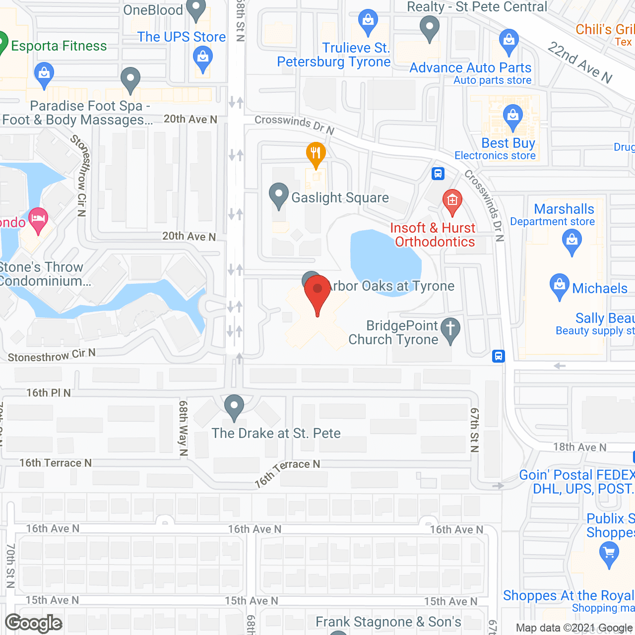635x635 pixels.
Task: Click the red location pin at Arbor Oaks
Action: [x=317, y=289]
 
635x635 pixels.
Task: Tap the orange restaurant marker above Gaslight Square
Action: [x=316, y=154]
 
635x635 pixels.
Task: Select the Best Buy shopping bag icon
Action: [x=513, y=116]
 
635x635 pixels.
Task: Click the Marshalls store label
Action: [x=564, y=209]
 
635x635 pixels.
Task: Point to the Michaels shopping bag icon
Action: [x=560, y=285]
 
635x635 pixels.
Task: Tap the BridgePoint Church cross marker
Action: [x=450, y=329]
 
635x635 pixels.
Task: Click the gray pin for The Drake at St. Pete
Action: [x=234, y=406]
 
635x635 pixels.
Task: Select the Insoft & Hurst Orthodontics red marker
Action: [x=452, y=201]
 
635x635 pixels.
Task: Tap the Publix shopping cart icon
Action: [x=609, y=552]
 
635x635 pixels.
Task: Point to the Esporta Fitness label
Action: [x=59, y=46]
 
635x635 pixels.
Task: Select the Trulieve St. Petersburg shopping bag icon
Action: [x=368, y=21]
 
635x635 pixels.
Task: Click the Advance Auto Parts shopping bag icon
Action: [x=508, y=41]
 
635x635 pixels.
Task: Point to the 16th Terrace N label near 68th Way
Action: [x=56, y=463]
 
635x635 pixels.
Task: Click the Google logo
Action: [x=34, y=623]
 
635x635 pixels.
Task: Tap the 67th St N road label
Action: [x=474, y=430]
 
